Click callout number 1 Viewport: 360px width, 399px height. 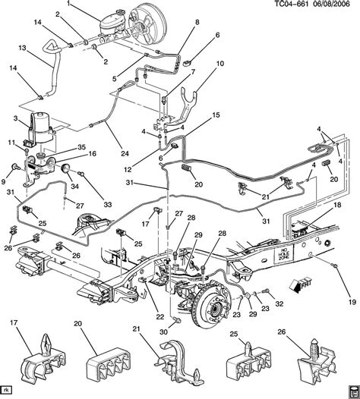89,6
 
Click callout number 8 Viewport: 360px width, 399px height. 195,23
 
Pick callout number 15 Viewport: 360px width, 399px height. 216,115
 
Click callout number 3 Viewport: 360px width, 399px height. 14,120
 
